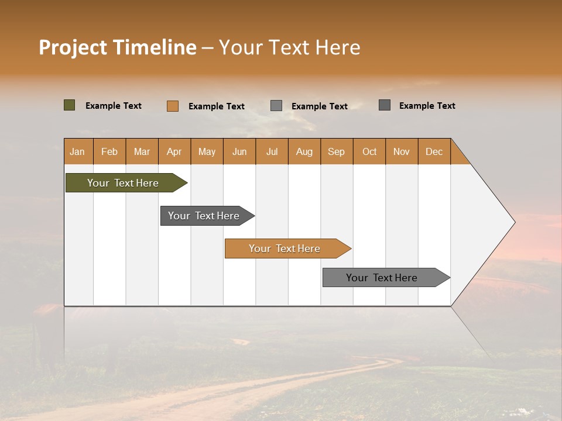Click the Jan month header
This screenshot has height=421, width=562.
coord(77,151)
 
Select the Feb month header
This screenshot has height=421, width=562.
coord(109,151)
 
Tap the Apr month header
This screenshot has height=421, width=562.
coord(174,151)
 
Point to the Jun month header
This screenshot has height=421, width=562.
coord(239,151)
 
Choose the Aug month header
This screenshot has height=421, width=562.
coord(304,151)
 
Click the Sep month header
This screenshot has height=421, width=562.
coord(336,151)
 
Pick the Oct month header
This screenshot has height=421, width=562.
coord(369,151)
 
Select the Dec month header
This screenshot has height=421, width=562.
coord(434,151)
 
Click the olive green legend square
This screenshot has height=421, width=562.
coord(70,105)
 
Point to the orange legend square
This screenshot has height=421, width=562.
coord(173,106)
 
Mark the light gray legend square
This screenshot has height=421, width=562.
coord(276,106)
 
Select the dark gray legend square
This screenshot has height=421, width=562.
coord(385,105)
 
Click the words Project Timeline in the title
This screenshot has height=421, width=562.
coord(118,47)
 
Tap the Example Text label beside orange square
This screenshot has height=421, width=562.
coord(217,106)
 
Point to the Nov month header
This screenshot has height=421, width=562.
coord(401,151)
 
